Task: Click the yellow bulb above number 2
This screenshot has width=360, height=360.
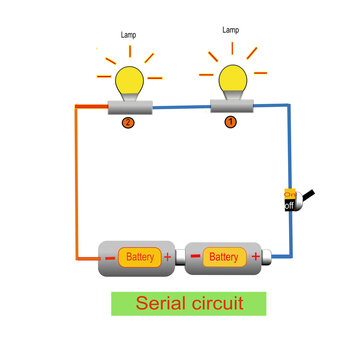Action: click(x=128, y=78)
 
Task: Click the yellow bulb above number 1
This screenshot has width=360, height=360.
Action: click(x=231, y=76)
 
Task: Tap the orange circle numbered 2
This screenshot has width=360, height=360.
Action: click(x=127, y=123)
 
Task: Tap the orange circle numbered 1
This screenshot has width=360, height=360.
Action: click(x=230, y=122)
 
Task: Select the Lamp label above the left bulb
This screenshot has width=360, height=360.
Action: click(x=128, y=35)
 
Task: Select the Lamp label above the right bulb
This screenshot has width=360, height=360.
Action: click(x=230, y=31)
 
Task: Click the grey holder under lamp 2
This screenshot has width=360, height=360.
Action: click(x=128, y=107)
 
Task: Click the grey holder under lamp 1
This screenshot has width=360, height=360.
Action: click(x=230, y=106)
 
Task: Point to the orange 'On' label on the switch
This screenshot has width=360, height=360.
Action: click(x=290, y=193)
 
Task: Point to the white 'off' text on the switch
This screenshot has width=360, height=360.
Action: click(x=289, y=205)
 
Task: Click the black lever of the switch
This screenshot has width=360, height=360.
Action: click(x=309, y=196)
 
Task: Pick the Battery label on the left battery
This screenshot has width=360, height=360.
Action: click(x=141, y=258)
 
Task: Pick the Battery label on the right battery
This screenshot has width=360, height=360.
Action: click(x=224, y=258)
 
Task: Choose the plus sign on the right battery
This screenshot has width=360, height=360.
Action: click(x=255, y=258)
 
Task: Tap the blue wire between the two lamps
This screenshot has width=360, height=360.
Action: click(x=180, y=107)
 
